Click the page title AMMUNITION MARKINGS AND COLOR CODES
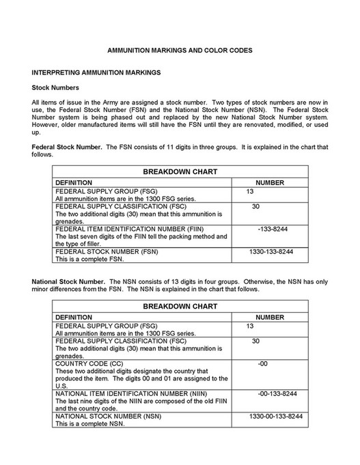180,50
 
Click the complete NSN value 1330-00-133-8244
275,415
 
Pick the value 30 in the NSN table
255,341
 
